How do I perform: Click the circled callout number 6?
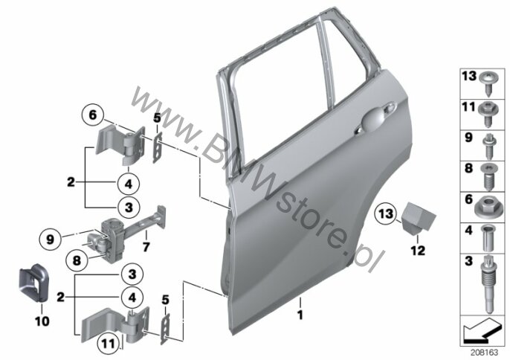click(93, 115)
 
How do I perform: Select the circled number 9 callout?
click(50, 240)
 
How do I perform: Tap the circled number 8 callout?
click(77, 260)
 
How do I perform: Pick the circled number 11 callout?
click(109, 344)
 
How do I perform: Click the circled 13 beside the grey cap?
click(386, 214)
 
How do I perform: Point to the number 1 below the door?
click(300, 315)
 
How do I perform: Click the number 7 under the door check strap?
click(146, 247)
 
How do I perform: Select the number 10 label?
click(42, 321)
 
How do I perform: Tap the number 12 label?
click(418, 251)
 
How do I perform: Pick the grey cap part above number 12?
click(417, 217)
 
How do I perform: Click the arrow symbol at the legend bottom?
click(481, 330)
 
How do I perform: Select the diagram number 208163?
click(485, 353)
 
